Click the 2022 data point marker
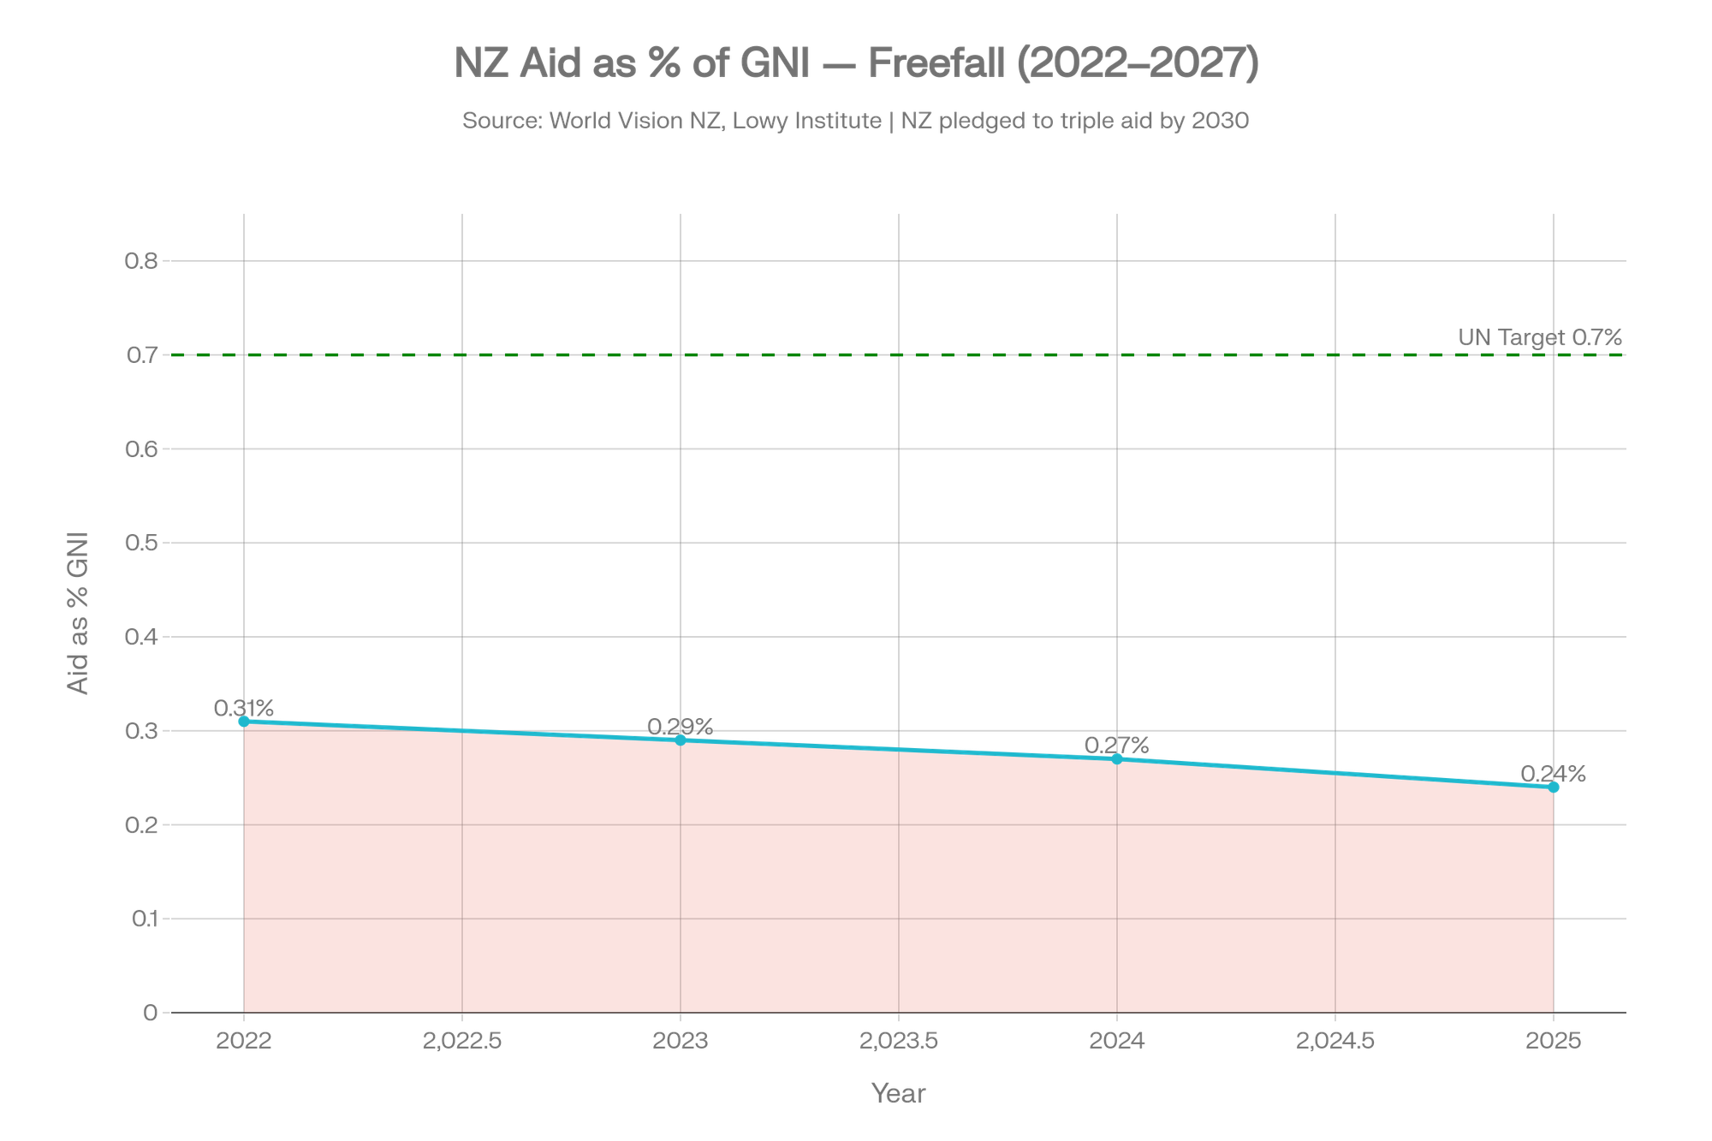click(244, 721)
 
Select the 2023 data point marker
click(681, 740)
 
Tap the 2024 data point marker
click(1117, 758)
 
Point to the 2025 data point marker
click(1554, 787)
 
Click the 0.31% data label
click(244, 708)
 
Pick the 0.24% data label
click(1553, 774)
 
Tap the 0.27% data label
click(1116, 745)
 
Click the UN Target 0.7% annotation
click(1540, 338)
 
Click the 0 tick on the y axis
click(151, 1013)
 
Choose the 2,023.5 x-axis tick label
click(899, 1041)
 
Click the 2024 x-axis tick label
click(1117, 1041)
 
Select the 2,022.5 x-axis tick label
click(462, 1041)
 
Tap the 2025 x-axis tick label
click(1554, 1041)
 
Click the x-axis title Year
click(898, 1093)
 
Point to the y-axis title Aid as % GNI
click(78, 614)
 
